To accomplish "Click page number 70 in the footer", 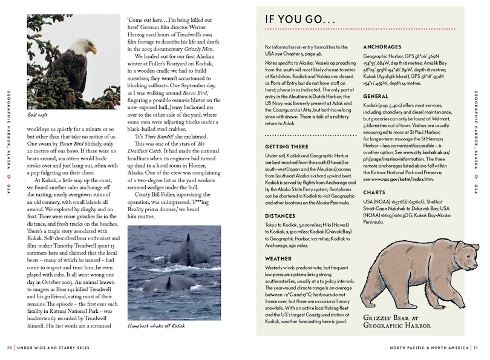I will pos(9,347).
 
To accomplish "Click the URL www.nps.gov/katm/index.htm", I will pos(395,180).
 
